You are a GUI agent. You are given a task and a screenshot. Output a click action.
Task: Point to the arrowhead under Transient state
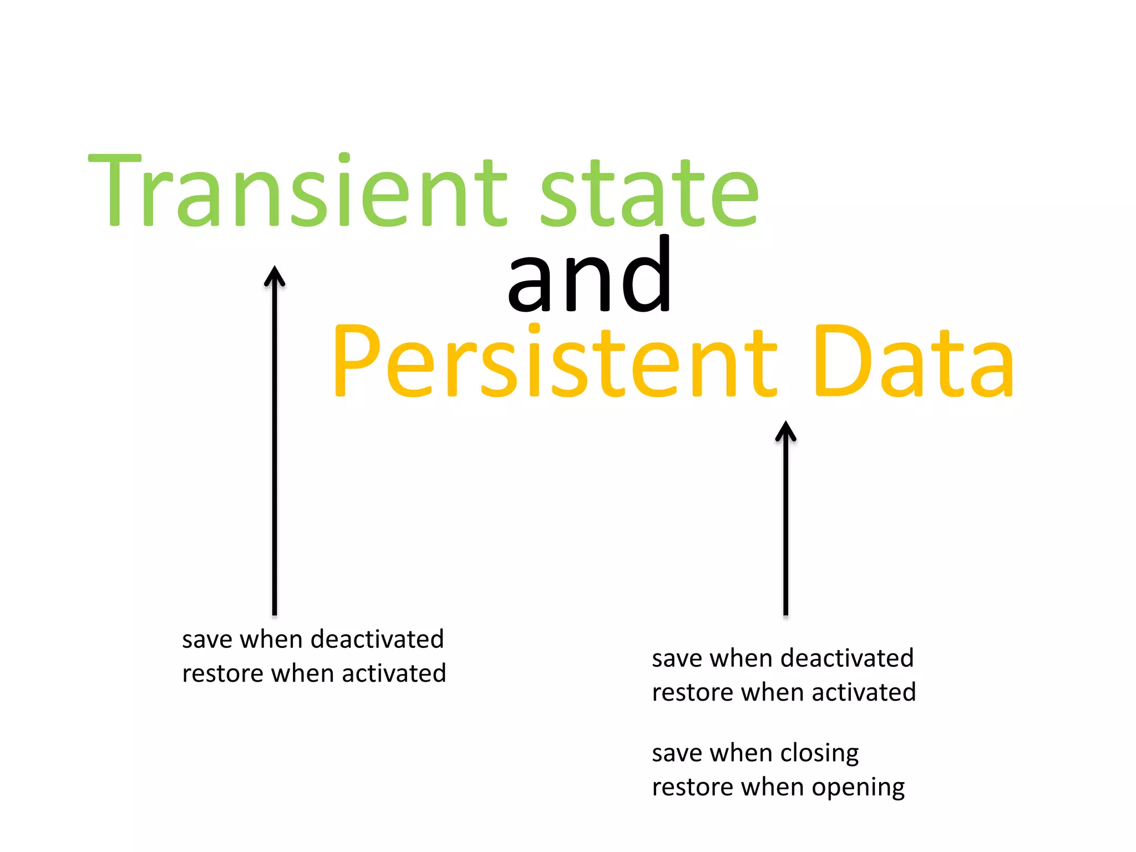[275, 275]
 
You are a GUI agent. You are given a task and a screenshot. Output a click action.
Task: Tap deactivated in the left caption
[383, 639]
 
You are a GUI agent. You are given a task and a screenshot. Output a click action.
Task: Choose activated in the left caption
[394, 673]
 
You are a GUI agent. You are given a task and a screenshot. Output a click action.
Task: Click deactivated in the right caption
[853, 658]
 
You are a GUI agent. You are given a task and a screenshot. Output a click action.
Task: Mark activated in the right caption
[864, 692]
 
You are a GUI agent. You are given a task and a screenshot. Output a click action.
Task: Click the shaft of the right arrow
[785, 527]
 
